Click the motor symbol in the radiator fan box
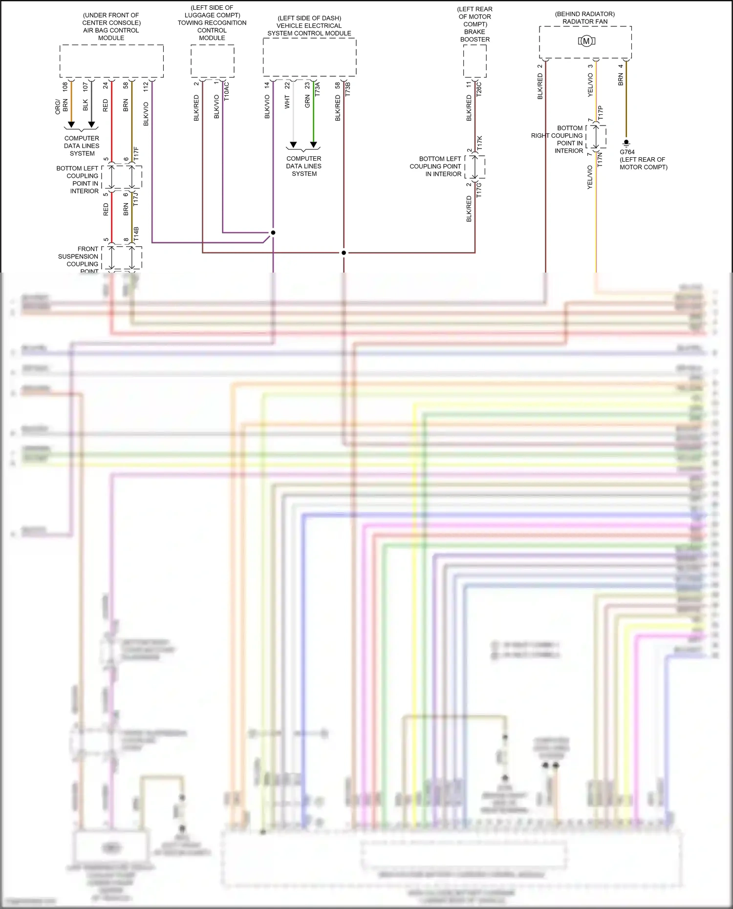586,42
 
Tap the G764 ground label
627,152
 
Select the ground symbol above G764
626,143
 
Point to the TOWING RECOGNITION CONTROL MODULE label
212,26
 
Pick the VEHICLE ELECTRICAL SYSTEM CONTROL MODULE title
309,29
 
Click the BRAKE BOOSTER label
475,36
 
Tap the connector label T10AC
227,91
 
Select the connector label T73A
318,88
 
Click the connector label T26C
479,89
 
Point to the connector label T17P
601,113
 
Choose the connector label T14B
136,233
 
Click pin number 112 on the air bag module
146,87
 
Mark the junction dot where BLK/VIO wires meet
273,233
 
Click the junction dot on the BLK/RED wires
344,253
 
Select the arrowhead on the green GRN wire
314,145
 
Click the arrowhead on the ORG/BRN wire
71,125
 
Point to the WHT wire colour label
287,102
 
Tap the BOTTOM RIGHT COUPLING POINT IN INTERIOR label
557,139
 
